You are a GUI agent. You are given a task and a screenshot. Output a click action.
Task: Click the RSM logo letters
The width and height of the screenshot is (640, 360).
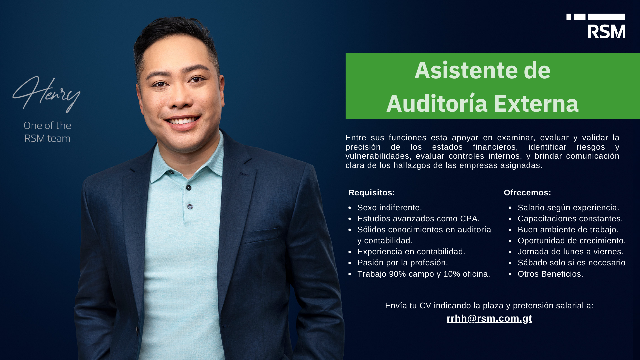(606, 31)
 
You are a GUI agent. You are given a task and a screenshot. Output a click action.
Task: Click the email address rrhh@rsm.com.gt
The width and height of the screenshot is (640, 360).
(489, 318)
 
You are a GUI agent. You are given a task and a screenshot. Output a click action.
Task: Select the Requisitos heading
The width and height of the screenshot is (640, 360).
(372, 193)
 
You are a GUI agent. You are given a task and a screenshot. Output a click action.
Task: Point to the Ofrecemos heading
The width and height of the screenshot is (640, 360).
(527, 193)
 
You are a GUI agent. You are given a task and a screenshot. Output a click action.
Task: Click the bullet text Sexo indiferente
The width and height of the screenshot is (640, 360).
(390, 208)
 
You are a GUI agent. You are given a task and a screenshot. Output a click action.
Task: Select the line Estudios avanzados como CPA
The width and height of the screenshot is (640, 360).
(418, 219)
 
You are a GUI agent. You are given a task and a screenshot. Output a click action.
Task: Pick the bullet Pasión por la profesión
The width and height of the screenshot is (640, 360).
(403, 263)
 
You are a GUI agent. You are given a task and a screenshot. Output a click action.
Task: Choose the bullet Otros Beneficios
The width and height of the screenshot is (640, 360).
(550, 274)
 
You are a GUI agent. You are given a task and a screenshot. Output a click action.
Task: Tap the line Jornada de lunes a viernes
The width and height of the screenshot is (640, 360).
(570, 252)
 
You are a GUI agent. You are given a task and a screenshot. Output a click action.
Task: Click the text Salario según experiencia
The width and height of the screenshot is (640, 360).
(568, 208)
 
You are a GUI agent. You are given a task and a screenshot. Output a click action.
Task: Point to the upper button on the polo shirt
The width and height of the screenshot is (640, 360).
(189, 188)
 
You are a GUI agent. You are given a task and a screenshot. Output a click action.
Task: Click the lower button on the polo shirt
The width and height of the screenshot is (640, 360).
(190, 207)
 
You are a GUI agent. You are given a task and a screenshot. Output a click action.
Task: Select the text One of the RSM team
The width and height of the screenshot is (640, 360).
(47, 132)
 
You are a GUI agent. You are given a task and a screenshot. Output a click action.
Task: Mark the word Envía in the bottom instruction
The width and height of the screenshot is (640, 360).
(396, 306)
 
